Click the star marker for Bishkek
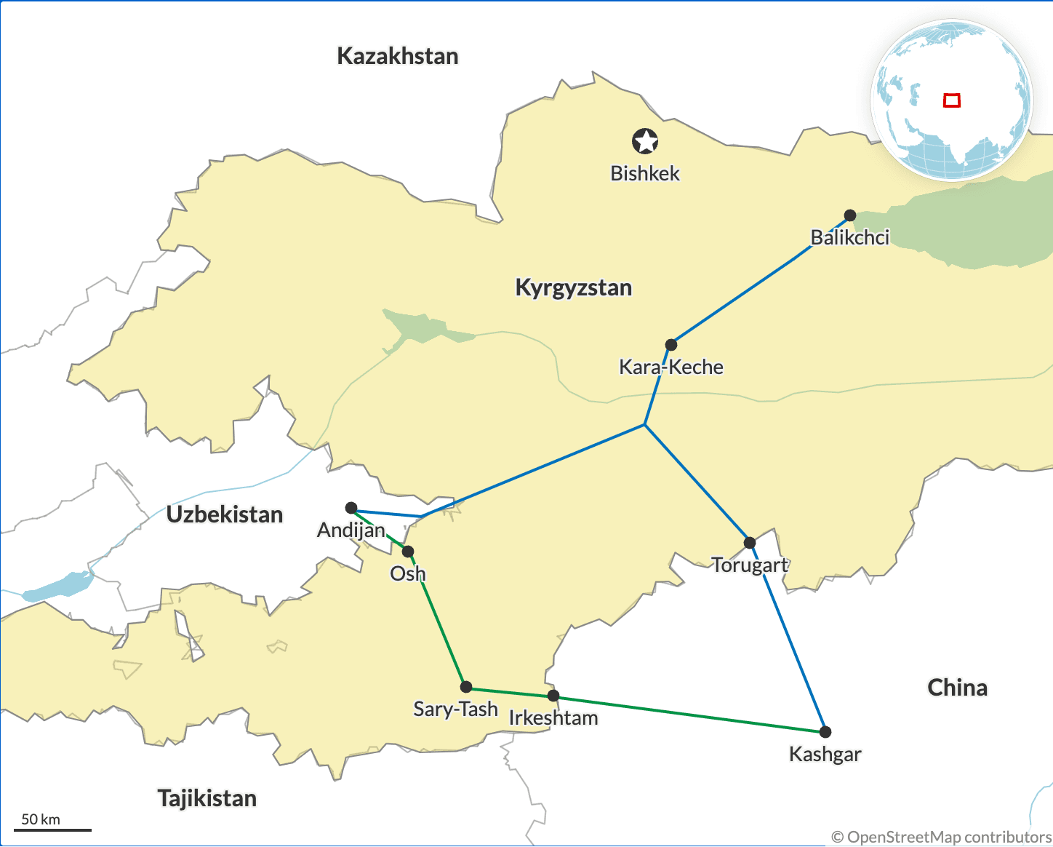(x=645, y=141)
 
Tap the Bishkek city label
(x=645, y=174)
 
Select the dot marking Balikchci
(x=850, y=215)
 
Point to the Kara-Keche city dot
(x=671, y=345)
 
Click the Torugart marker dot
(x=750, y=543)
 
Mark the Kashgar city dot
(x=825, y=732)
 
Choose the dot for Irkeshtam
(x=553, y=696)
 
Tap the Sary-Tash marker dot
(x=466, y=687)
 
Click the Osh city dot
(x=408, y=552)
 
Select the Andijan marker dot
(x=351, y=508)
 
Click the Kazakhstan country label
(x=398, y=56)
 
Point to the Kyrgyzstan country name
(x=573, y=287)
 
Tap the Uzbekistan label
(x=225, y=514)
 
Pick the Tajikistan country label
(x=207, y=798)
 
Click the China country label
(x=957, y=688)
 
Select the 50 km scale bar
(x=52, y=829)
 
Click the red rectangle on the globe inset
(x=952, y=100)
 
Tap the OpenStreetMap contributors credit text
(x=941, y=837)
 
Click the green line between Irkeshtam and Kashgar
(x=689, y=714)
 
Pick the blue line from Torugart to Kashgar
(x=788, y=637)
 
